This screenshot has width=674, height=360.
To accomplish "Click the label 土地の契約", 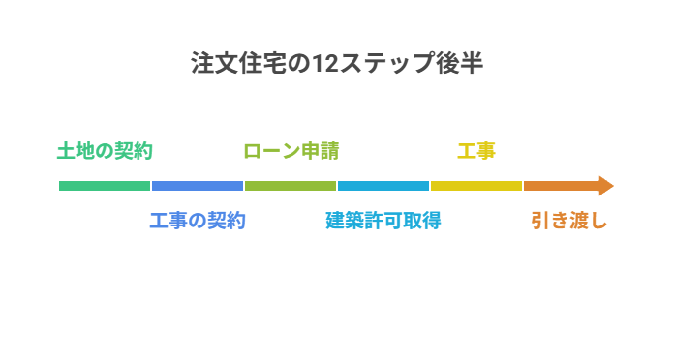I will pyautogui.click(x=105, y=151).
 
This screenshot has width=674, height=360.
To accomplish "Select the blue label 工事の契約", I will pyautogui.click(x=198, y=221).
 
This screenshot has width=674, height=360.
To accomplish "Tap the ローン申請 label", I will pyautogui.click(x=291, y=151).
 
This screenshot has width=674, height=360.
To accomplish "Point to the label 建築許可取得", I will pyautogui.click(x=383, y=221).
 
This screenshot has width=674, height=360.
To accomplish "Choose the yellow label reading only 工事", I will pyautogui.click(x=476, y=151).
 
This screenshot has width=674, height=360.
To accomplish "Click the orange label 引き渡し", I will pyautogui.click(x=569, y=221).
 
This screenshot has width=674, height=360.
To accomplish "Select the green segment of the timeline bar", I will pyautogui.click(x=105, y=186).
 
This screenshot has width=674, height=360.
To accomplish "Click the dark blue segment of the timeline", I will pyautogui.click(x=198, y=186).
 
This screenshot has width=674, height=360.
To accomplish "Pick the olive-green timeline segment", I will pyautogui.click(x=291, y=186).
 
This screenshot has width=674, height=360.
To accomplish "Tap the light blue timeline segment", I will pyautogui.click(x=383, y=186).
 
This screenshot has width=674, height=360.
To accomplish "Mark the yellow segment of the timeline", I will pyautogui.click(x=476, y=186).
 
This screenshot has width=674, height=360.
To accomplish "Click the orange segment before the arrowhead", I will pyautogui.click(x=560, y=186).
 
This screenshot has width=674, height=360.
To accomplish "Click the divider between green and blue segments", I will pyautogui.click(x=151, y=186).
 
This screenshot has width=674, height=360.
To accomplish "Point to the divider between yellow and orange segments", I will pyautogui.click(x=523, y=186).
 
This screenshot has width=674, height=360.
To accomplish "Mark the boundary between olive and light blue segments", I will pyautogui.click(x=337, y=186).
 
